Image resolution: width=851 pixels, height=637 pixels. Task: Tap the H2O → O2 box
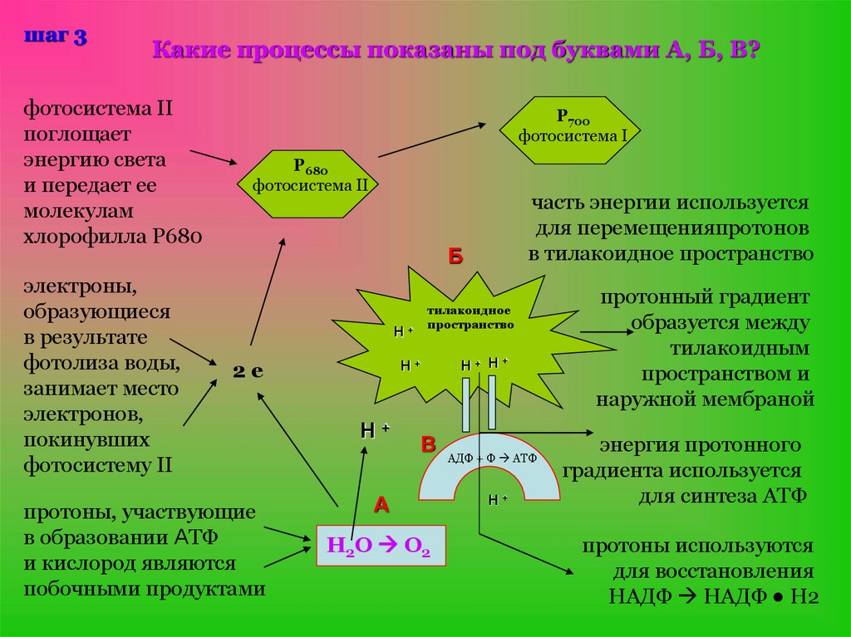[x=380, y=546]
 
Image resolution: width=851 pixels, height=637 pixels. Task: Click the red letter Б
[x=455, y=257]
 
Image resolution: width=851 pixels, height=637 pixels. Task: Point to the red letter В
[x=428, y=444]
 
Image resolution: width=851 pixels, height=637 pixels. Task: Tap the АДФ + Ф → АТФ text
[x=493, y=458]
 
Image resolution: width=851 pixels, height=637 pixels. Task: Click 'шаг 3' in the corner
[x=56, y=37]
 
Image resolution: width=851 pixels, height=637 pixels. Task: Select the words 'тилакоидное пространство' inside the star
[x=470, y=316]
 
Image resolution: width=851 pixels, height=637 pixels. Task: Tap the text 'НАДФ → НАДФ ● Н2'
[x=714, y=595]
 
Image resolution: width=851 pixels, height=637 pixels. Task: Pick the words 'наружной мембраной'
[x=705, y=399]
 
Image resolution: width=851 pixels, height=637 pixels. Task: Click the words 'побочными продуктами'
[x=145, y=590]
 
